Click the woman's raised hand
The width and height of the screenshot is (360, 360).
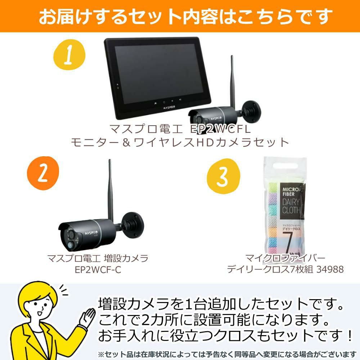(87, 317)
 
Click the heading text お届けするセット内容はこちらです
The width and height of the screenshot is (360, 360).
(180, 16)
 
